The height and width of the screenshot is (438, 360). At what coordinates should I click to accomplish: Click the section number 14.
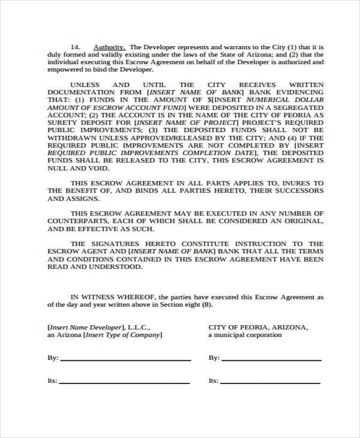(x=76, y=46)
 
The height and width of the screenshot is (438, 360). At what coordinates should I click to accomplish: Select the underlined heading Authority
(x=109, y=46)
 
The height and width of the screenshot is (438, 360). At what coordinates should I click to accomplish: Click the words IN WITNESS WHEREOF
(x=105, y=296)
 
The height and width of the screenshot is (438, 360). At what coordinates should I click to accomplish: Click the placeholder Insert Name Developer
(x=87, y=328)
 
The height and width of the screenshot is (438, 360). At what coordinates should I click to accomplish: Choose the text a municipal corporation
(x=245, y=335)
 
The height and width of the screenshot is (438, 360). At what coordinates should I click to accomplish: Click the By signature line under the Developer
(x=125, y=359)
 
